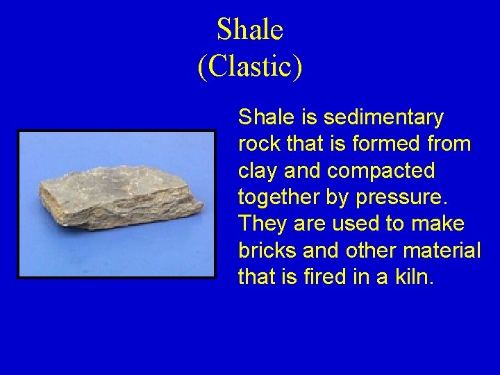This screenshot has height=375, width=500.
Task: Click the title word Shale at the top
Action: pos(250,30)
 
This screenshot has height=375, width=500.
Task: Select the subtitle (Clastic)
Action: pos(250,67)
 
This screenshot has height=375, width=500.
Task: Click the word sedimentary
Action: pos(383,118)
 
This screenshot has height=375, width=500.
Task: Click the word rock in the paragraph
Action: pos(260,144)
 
